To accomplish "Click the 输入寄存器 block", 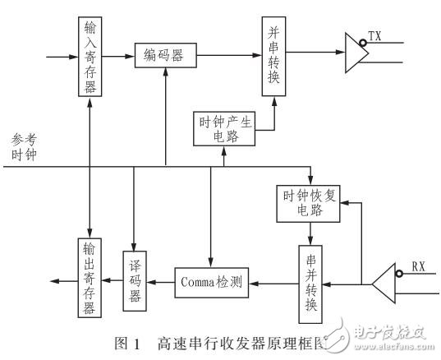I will pos(89,57).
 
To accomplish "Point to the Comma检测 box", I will pos(212,283).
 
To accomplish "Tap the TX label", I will pos(374,37).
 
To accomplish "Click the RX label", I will pos(419,266).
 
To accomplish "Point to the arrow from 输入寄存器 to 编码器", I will pos(120,57).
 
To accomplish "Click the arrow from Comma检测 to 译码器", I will pos(161,283).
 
